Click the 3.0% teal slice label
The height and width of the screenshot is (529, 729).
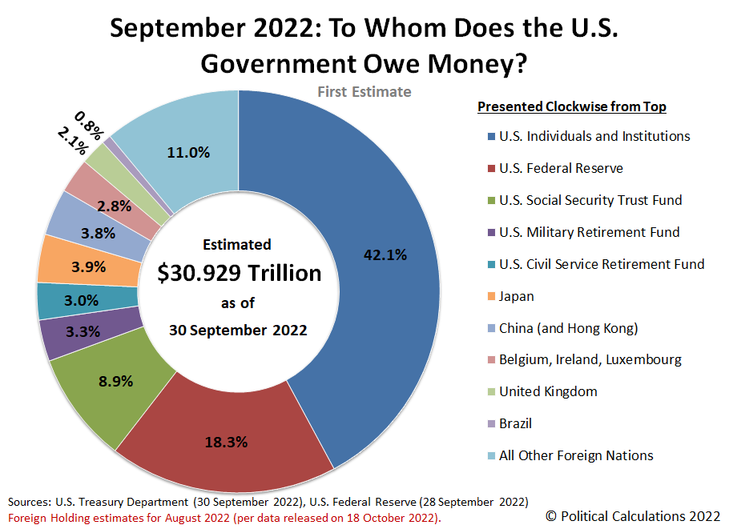(82, 301)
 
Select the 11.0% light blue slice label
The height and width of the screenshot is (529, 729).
(188, 152)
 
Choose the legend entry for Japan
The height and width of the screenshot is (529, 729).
(516, 296)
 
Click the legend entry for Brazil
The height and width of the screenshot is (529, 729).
(515, 423)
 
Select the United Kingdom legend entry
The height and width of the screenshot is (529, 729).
(548, 391)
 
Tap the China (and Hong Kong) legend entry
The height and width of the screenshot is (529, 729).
(568, 328)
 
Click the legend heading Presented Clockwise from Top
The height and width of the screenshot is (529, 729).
(572, 106)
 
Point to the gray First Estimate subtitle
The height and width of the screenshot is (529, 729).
(364, 92)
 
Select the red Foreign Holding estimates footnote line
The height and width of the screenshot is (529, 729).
(224, 517)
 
